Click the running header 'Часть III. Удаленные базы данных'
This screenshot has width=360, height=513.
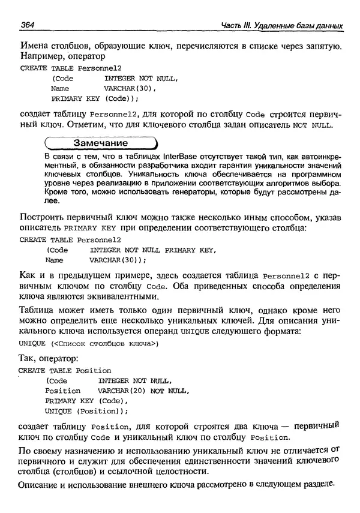pos(273,26)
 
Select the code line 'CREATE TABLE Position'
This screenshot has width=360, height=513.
pos(65,370)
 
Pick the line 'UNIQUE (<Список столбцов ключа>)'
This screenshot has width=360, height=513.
pos(88,343)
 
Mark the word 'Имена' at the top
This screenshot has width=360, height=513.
pos(34,46)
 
